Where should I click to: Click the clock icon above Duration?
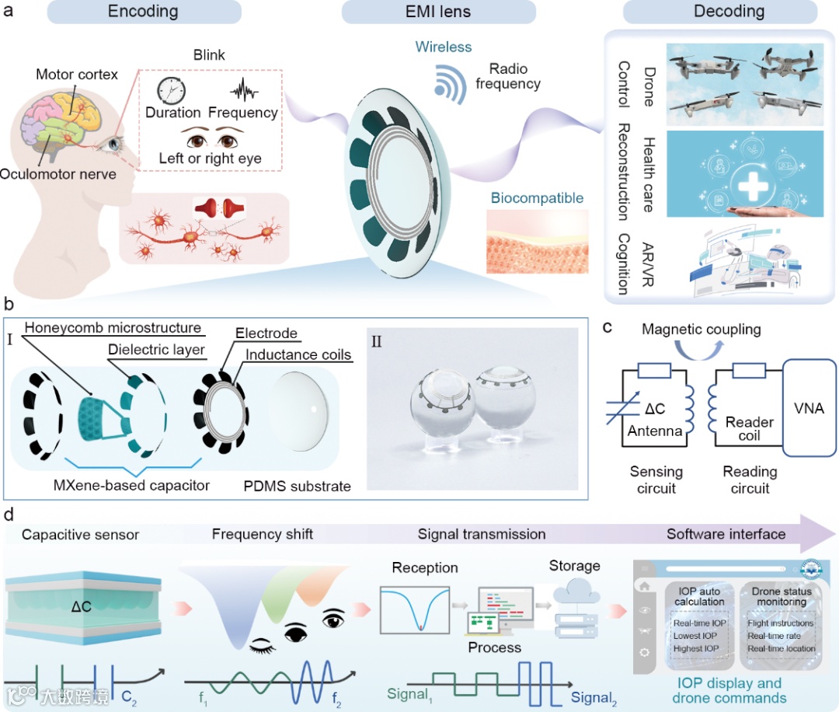click(x=172, y=90)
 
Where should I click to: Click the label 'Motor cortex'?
click(x=77, y=75)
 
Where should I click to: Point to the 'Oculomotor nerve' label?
click(x=58, y=173)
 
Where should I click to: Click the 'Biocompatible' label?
click(x=536, y=197)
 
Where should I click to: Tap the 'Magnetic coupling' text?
click(x=701, y=329)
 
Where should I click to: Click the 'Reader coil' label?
click(x=749, y=428)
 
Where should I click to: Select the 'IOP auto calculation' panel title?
click(x=699, y=596)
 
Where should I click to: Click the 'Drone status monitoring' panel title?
click(x=782, y=596)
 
